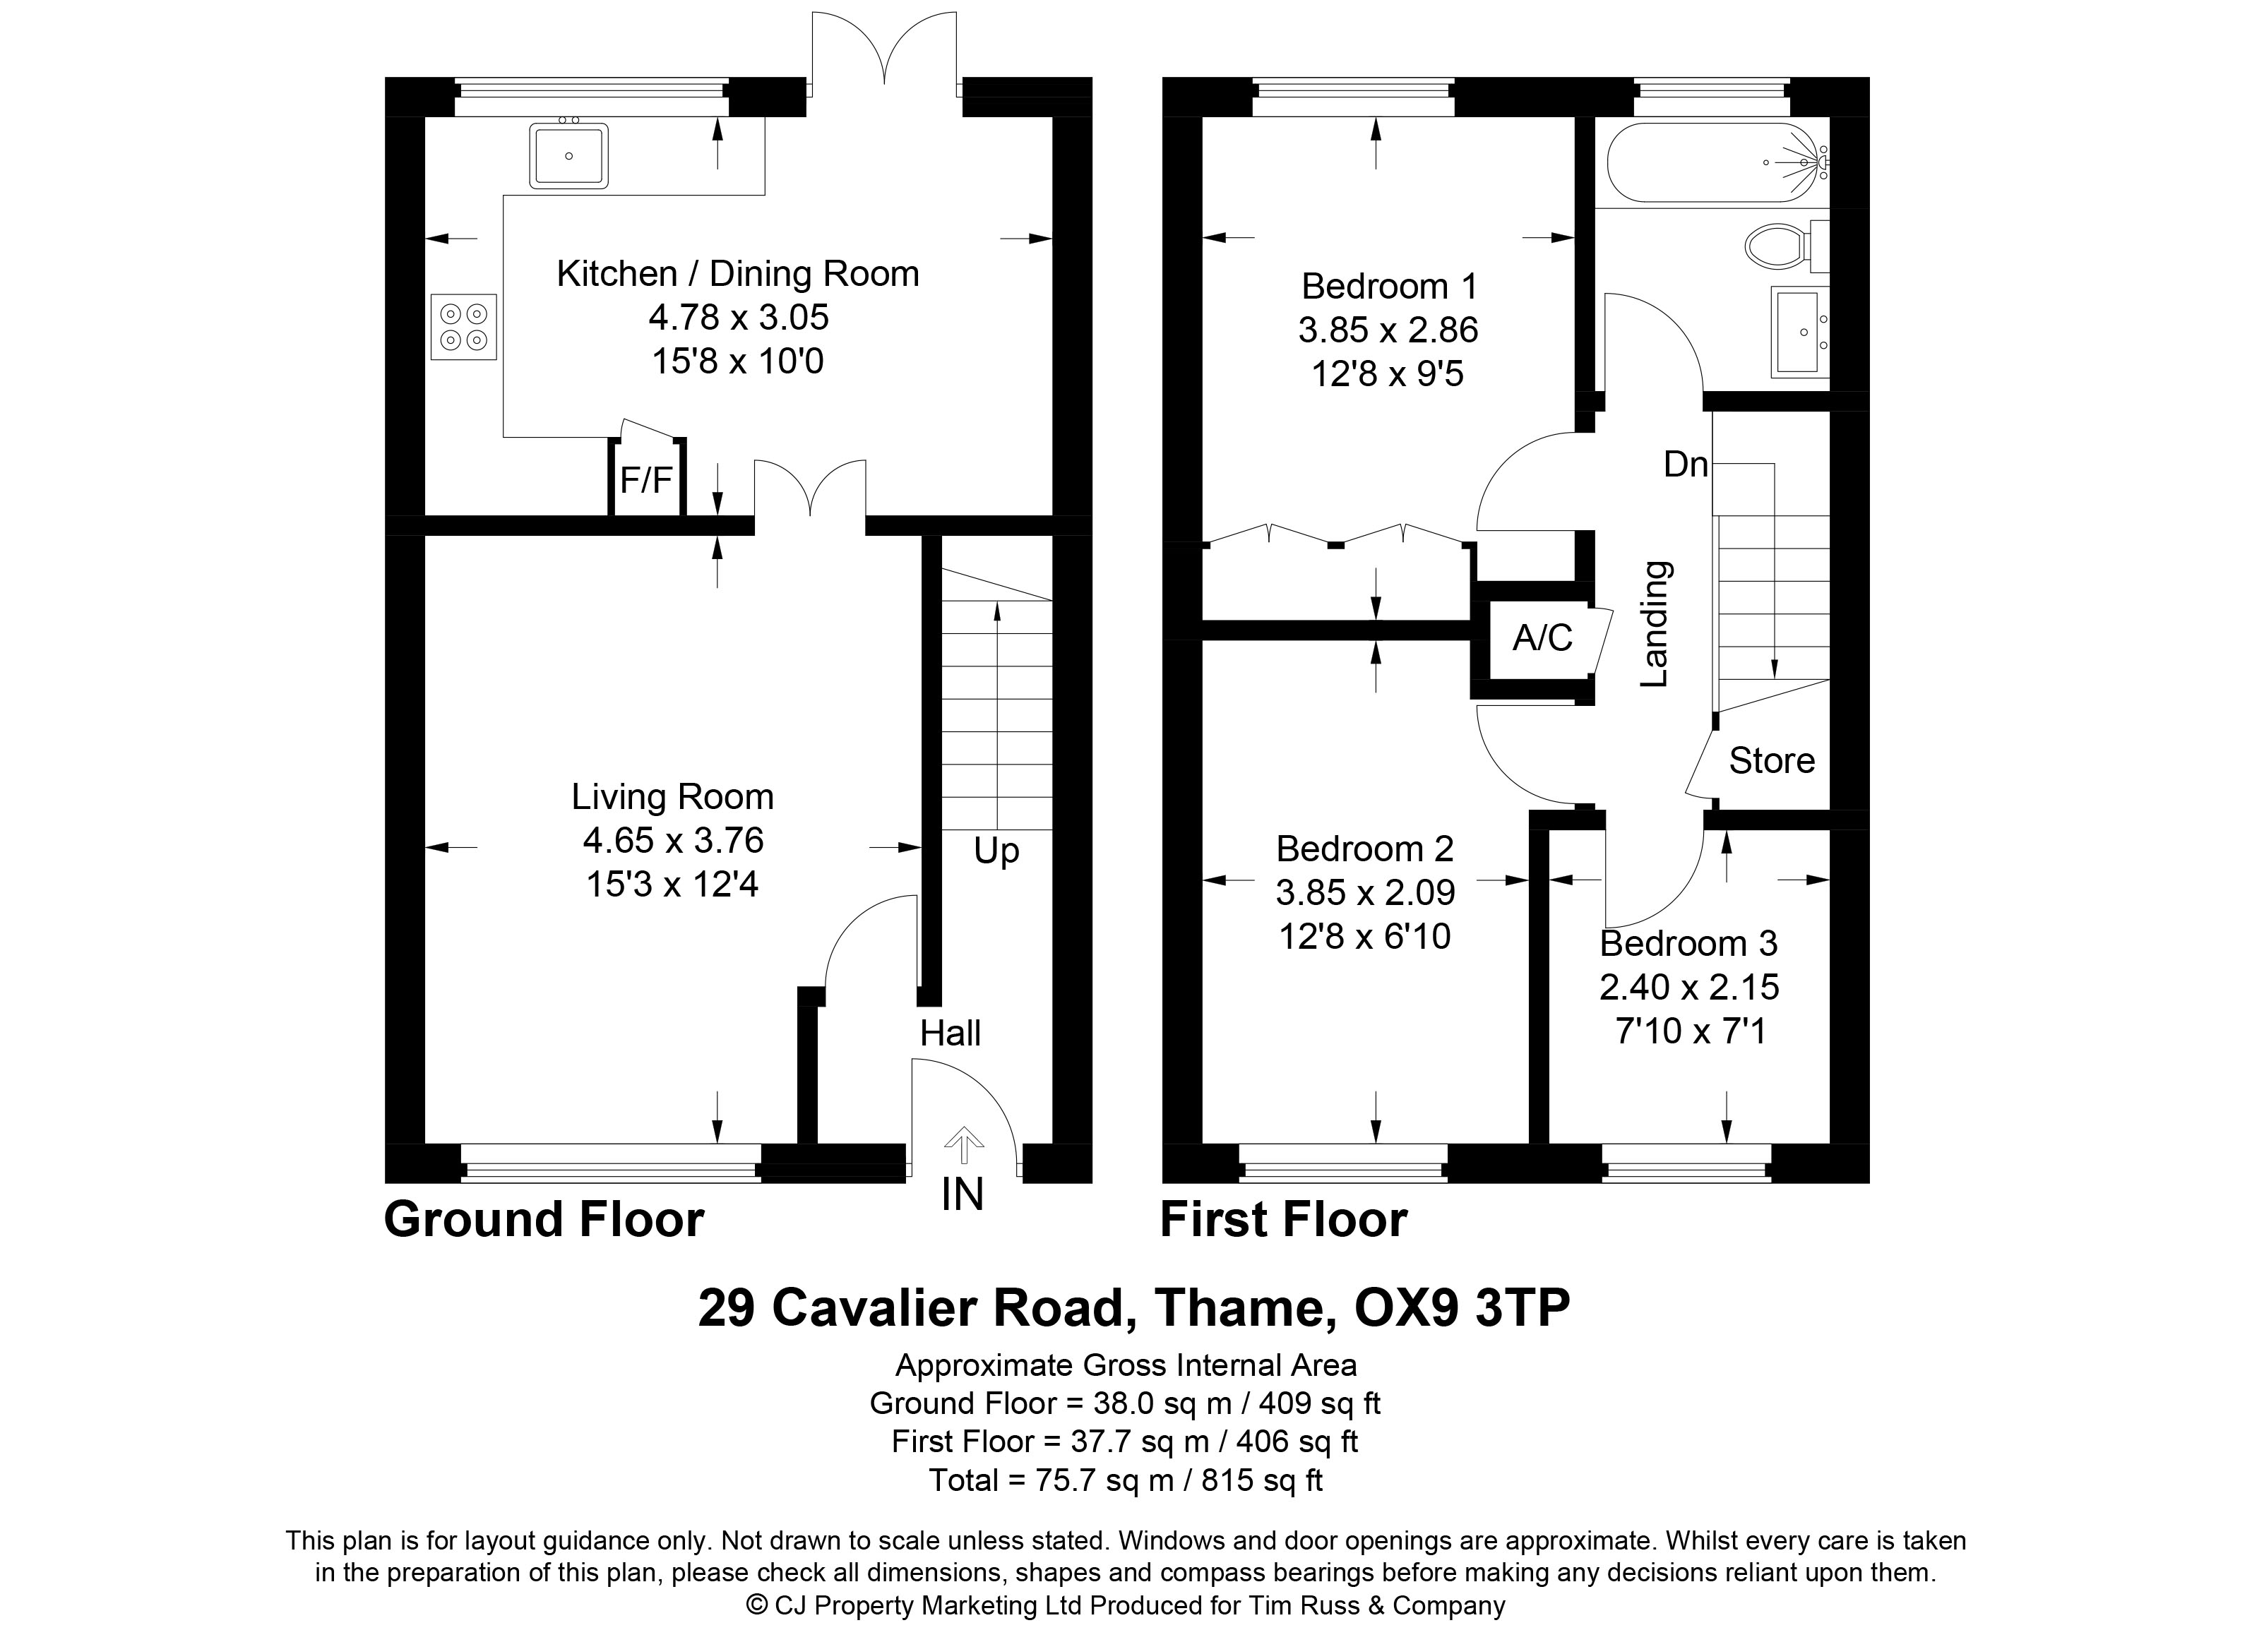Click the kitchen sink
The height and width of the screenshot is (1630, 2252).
pyautogui.click(x=569, y=154)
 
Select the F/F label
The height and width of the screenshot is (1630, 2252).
pyautogui.click(x=646, y=481)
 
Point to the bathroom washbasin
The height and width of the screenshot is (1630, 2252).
pyautogui.click(x=1800, y=332)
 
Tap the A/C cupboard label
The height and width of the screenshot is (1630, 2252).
pyautogui.click(x=1542, y=637)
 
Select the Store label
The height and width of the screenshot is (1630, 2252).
pyautogui.click(x=1771, y=760)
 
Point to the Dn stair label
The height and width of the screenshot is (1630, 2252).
pyautogui.click(x=1686, y=465)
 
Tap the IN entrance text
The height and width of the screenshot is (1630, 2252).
pyautogui.click(x=962, y=1195)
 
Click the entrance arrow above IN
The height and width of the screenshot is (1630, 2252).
pyautogui.click(x=962, y=1144)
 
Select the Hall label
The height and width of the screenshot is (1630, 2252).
pyautogui.click(x=951, y=1033)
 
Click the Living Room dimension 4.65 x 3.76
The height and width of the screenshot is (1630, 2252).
pyautogui.click(x=673, y=841)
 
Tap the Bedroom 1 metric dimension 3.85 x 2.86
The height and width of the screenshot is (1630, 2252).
pyautogui.click(x=1388, y=330)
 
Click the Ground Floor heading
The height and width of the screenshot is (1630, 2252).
pyautogui.click(x=544, y=1219)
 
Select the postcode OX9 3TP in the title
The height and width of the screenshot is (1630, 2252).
pyautogui.click(x=1462, y=1307)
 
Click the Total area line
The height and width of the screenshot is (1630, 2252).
pyautogui.click(x=1126, y=1480)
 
